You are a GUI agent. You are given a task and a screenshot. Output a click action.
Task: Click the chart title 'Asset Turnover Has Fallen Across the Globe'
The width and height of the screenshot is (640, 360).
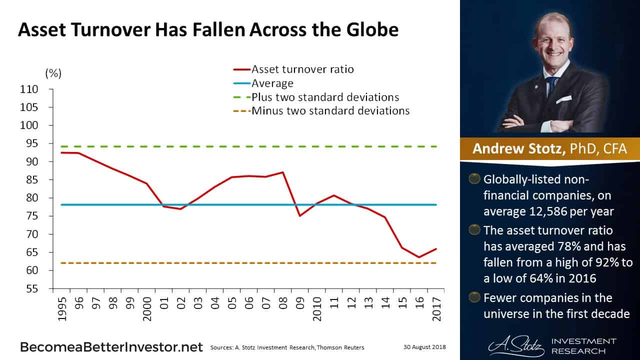click(208, 30)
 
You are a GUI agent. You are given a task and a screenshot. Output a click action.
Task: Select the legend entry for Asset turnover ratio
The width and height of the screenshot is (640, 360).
click(302, 69)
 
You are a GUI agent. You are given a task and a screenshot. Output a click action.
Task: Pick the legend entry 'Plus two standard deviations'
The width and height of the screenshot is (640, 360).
click(325, 97)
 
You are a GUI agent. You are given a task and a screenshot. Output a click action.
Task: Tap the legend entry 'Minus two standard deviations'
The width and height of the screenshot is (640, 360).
click(330, 110)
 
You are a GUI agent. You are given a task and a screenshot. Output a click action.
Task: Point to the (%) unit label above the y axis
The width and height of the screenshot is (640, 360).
click(53, 73)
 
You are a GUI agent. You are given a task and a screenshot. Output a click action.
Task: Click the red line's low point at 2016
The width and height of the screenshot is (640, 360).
click(418, 257)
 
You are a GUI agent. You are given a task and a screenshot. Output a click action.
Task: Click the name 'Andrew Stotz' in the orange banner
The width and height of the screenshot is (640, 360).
click(515, 149)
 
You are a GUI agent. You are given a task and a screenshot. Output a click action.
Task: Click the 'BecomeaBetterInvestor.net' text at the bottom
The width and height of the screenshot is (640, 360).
click(111, 347)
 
